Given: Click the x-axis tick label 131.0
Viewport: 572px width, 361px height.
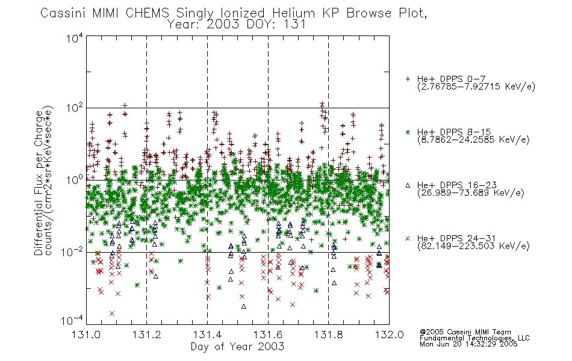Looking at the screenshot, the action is click(x=86, y=335).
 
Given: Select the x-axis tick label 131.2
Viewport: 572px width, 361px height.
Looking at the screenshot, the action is click(x=147, y=335).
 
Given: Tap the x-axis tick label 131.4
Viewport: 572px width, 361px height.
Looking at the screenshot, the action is click(x=207, y=335).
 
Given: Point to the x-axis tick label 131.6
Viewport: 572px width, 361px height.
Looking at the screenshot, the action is click(x=268, y=335).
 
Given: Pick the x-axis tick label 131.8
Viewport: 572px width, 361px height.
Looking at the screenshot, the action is click(x=328, y=335).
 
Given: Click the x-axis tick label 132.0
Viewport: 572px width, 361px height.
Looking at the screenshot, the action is click(x=389, y=335).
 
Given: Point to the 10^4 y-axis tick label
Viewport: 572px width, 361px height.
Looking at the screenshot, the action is click(x=75, y=38).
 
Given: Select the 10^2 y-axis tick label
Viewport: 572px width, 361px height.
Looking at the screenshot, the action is click(x=75, y=108).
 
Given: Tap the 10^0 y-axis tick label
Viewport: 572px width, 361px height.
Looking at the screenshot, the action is click(x=75, y=180).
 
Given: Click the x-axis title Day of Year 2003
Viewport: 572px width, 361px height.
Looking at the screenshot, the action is click(x=237, y=347).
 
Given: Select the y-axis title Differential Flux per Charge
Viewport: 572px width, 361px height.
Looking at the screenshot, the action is click(x=39, y=183).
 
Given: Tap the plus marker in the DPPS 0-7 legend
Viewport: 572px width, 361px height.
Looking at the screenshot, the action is click(x=408, y=79).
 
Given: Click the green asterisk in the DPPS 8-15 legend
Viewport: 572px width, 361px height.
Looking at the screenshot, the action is click(x=408, y=132).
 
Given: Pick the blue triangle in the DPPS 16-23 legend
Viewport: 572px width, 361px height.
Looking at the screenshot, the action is click(x=408, y=185).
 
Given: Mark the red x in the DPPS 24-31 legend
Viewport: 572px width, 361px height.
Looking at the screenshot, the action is click(x=408, y=238).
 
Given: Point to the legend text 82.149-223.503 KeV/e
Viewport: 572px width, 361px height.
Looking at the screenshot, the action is click(x=473, y=246).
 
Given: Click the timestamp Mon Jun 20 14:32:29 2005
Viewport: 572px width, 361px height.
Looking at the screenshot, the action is click(x=468, y=344).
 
